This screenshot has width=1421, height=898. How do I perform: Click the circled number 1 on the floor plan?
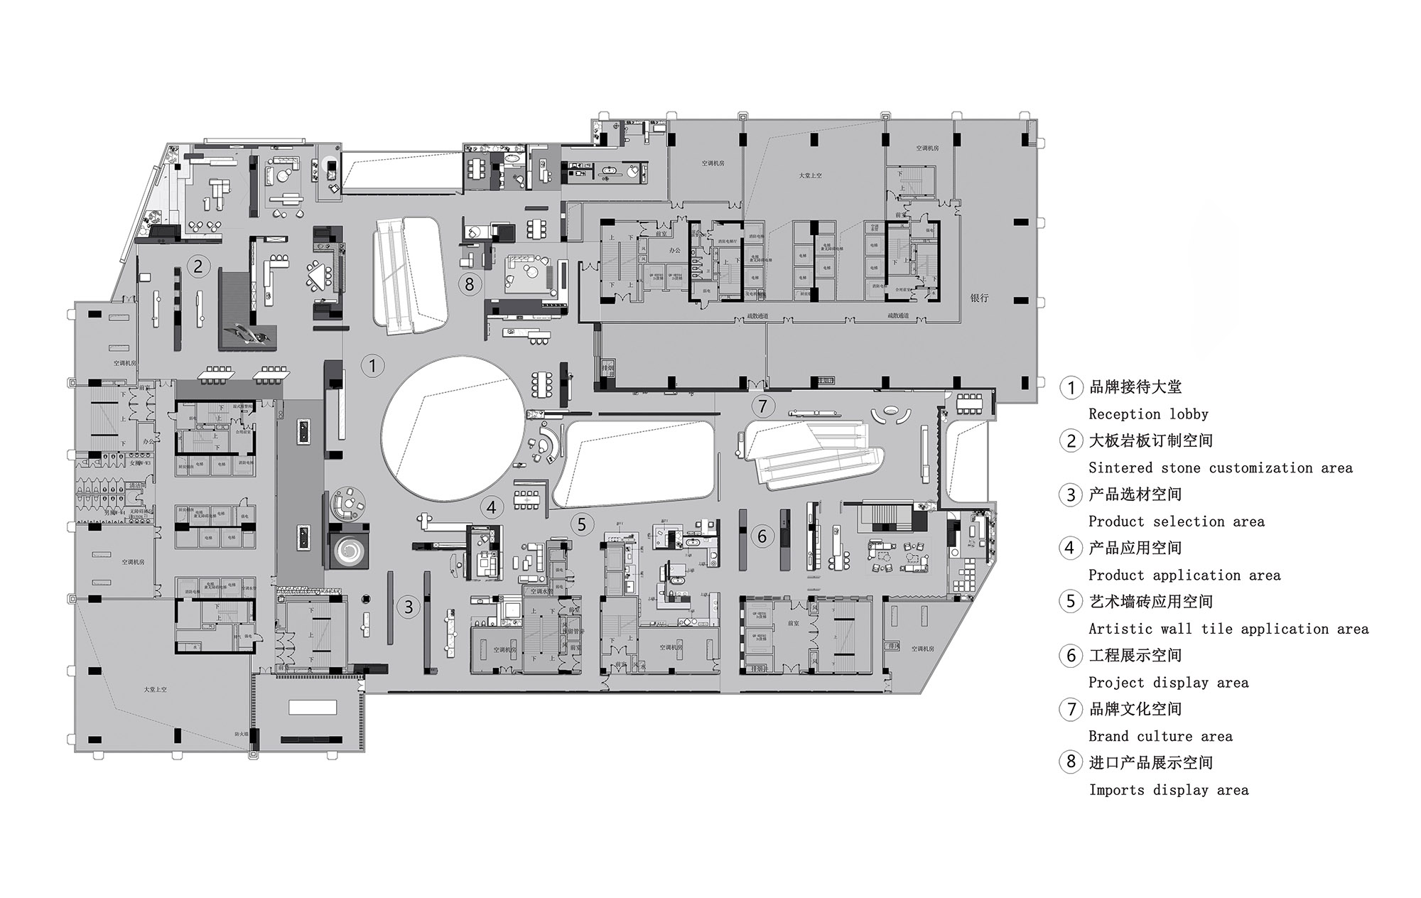372,366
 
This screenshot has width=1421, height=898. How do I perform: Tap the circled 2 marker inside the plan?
198,266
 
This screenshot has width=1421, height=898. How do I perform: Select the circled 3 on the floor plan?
409,607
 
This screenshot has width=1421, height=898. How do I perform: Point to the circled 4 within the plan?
492,507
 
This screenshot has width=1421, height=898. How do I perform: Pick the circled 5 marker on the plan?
582,524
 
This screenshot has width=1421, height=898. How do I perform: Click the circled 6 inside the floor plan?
762,536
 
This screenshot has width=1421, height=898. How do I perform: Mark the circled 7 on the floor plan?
763,406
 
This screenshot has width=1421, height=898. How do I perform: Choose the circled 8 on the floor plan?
469,284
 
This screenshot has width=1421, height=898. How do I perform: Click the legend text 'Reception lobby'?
1148,414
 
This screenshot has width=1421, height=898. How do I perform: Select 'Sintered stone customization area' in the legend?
1220,468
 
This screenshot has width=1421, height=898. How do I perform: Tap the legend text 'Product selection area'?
1176,522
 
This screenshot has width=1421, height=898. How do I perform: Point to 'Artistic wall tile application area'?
1228,629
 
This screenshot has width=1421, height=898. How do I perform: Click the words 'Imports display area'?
1168,790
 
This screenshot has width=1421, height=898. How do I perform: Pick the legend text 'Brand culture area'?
1160,737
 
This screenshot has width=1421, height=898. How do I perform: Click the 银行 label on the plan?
979,298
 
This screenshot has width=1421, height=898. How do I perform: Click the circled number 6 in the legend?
1071,656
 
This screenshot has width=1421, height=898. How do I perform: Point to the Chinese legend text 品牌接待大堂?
1135,387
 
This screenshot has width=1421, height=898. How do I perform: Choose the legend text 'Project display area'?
1168,683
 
